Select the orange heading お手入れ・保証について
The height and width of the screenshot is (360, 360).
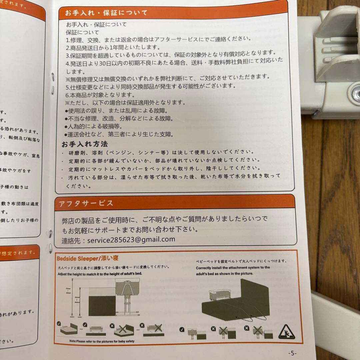click(106, 13)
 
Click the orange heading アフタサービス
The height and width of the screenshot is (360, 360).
click(86, 203)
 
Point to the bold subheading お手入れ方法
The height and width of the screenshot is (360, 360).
click(85, 144)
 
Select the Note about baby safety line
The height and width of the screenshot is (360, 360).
click(102, 341)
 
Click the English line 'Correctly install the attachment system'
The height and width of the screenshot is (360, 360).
click(233, 267)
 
